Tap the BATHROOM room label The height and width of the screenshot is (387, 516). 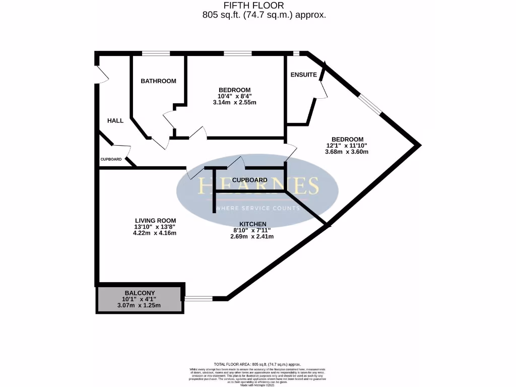[x=158, y=81]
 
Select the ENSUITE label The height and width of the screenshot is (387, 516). [x=304, y=75]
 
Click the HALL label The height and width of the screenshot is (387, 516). [x=115, y=121]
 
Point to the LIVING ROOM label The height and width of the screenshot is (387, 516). [x=155, y=221]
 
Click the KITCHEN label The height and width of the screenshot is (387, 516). [x=253, y=224]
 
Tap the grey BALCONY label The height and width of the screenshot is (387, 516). [x=140, y=293]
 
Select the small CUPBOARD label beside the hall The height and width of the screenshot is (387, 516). [x=111, y=159]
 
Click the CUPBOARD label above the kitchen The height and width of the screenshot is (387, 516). [x=250, y=180]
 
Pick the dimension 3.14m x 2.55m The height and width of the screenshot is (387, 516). [x=234, y=102]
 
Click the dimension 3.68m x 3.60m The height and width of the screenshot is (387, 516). [x=347, y=151]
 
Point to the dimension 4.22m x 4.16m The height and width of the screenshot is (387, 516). [x=155, y=233]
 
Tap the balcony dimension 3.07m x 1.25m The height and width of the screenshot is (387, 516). [x=139, y=305]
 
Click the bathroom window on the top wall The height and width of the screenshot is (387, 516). [x=155, y=53]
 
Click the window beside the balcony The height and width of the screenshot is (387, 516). [x=199, y=299]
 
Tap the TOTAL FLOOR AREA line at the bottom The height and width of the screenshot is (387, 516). [x=257, y=364]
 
